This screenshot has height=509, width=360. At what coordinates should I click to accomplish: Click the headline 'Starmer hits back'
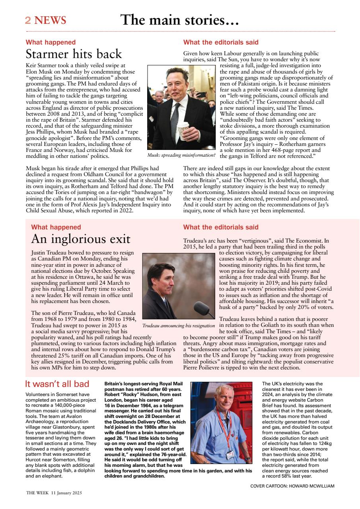74,54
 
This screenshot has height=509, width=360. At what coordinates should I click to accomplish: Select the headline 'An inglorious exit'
81,239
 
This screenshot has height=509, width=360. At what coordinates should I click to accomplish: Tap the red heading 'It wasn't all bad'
57,384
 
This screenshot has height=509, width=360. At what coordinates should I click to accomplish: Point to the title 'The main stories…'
179,20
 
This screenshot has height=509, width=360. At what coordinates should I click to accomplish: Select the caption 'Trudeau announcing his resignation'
178,326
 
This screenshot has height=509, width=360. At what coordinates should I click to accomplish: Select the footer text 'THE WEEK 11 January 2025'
54,493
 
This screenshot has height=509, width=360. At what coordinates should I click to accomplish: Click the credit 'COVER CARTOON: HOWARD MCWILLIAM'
292,486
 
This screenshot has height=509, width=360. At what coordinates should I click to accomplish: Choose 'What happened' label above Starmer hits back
51,42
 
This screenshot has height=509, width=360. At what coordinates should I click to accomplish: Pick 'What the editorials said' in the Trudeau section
220,227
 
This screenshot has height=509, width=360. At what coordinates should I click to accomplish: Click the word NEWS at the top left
50,20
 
